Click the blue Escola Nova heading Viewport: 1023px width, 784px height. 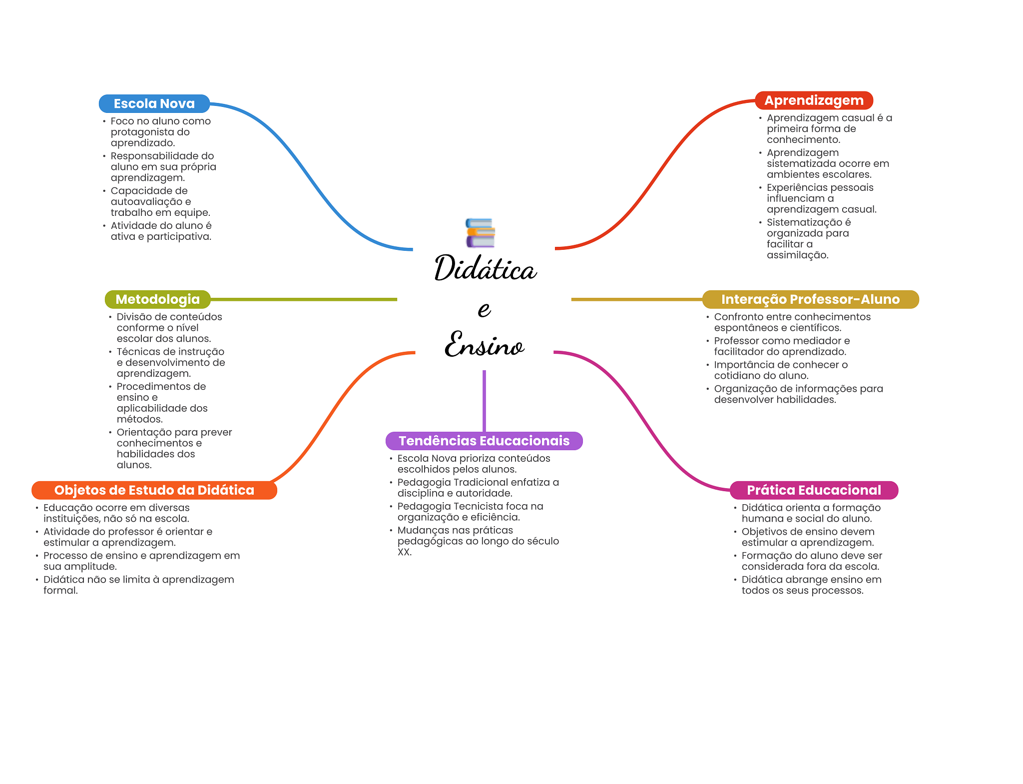click(154, 103)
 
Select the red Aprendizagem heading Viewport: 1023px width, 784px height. click(814, 100)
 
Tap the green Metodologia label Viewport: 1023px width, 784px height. click(158, 299)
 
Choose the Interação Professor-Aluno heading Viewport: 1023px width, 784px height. click(810, 299)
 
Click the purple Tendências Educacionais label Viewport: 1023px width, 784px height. click(484, 441)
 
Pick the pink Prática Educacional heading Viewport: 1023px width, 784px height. click(814, 490)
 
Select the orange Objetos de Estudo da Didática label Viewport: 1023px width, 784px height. click(154, 490)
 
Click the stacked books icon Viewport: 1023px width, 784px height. click(480, 233)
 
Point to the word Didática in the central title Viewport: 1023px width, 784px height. click(486, 268)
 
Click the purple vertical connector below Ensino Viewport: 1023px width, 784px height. click(484, 401)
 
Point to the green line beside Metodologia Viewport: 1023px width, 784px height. click(304, 299)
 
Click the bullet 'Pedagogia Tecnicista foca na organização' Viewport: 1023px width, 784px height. click(470, 512)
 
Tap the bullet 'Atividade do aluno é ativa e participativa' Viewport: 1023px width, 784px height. click(161, 231)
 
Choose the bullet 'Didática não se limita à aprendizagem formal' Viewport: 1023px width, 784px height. click(138, 585)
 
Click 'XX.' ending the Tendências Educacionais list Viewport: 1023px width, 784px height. click(405, 552)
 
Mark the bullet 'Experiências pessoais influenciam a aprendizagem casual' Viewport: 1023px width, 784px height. click(822, 198)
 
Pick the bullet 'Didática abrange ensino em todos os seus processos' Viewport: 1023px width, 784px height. click(811, 585)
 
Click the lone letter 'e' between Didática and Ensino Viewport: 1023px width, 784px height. click(484, 309)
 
